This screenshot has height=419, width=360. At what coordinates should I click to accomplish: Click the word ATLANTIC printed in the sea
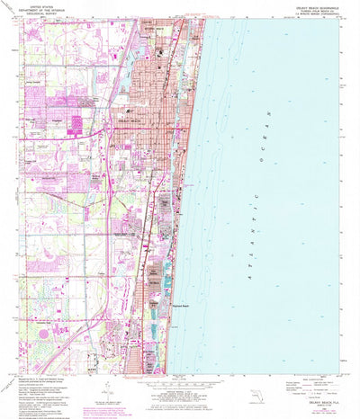[x=238, y=235]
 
